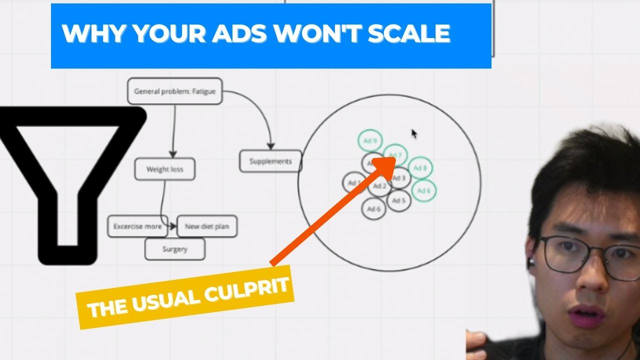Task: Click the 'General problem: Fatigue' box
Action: pyautogui.click(x=174, y=91)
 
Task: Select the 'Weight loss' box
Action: pyautogui.click(x=164, y=169)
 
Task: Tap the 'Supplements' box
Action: pyautogui.click(x=270, y=161)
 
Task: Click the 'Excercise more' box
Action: pyautogui.click(x=137, y=226)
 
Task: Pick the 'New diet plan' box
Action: pyautogui.click(x=207, y=226)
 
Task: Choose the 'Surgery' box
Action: pyautogui.click(x=174, y=249)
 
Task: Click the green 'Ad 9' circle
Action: pyautogui.click(x=370, y=141)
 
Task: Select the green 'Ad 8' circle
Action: pyautogui.click(x=420, y=168)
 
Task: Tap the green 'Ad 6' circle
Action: pyautogui.click(x=423, y=190)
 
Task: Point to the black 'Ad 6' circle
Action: pyautogui.click(x=374, y=209)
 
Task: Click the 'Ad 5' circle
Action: pyautogui.click(x=398, y=201)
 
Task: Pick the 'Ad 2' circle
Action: pyautogui.click(x=379, y=186)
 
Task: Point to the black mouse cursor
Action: pyautogui.click(x=414, y=133)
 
